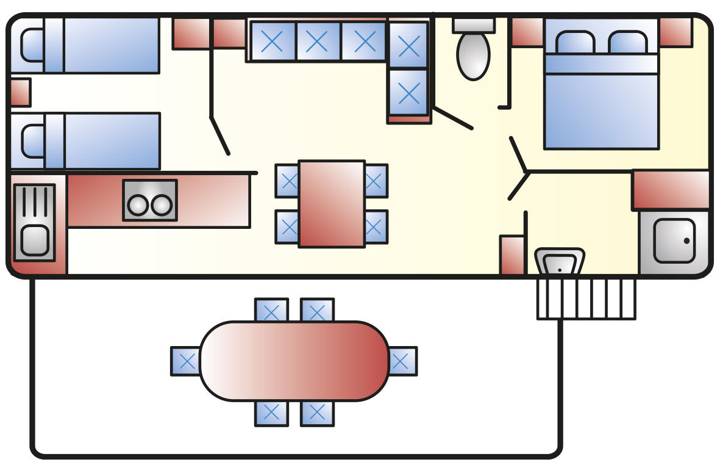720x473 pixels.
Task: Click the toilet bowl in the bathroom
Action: coord(473,56)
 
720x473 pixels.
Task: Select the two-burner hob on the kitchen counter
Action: coord(150,201)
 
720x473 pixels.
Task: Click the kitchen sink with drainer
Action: coord(34,223)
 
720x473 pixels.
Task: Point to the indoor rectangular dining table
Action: coord(332,204)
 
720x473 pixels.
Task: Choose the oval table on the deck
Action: coord(294,361)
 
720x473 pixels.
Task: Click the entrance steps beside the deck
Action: coord(586,298)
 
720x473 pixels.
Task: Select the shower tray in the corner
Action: coord(674,242)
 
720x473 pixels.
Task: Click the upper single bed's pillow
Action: coord(32,45)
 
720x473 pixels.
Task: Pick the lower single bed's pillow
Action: coord(32,141)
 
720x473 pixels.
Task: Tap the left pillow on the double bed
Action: coord(575,42)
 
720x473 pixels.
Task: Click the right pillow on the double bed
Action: coord(628,42)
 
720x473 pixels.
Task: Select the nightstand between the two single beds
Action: coord(20,93)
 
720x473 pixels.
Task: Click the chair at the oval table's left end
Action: coord(185,361)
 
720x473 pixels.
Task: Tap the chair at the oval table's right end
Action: coord(402,361)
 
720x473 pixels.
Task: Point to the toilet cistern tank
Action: coord(473,24)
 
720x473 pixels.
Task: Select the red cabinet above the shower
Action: coord(671,190)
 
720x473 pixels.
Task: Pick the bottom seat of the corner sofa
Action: coord(408,92)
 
